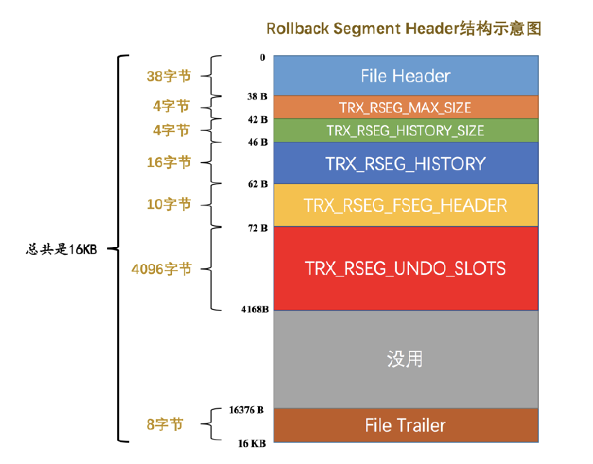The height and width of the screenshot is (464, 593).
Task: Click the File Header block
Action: (406, 76)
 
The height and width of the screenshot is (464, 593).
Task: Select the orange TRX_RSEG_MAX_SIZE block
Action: (406, 107)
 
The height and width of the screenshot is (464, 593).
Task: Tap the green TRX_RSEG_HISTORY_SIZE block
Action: (406, 130)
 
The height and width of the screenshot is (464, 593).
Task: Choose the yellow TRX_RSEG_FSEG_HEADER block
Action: (406, 205)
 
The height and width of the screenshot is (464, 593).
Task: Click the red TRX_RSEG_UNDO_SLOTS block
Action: (406, 268)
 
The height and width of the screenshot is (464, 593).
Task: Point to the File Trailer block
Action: (406, 425)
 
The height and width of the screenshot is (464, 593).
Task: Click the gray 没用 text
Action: (405, 359)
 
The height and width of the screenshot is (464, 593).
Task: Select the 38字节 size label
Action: (169, 76)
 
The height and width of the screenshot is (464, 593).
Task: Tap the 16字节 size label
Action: (169, 162)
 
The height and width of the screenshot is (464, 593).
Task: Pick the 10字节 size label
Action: (169, 204)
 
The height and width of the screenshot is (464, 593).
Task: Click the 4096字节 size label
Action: (162, 269)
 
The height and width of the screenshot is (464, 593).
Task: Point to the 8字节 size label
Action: (164, 424)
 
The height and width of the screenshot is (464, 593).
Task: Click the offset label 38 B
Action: (257, 96)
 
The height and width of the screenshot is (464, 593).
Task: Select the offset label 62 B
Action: (258, 184)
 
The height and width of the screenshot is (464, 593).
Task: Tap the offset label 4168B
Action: (255, 309)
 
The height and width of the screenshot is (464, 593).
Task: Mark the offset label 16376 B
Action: (246, 410)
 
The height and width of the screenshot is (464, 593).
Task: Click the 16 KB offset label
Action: (252, 443)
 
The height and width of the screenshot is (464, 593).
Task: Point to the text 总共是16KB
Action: (62, 249)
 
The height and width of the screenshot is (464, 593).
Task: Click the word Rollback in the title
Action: (297, 29)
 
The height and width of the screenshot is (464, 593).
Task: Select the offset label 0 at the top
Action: (262, 58)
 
